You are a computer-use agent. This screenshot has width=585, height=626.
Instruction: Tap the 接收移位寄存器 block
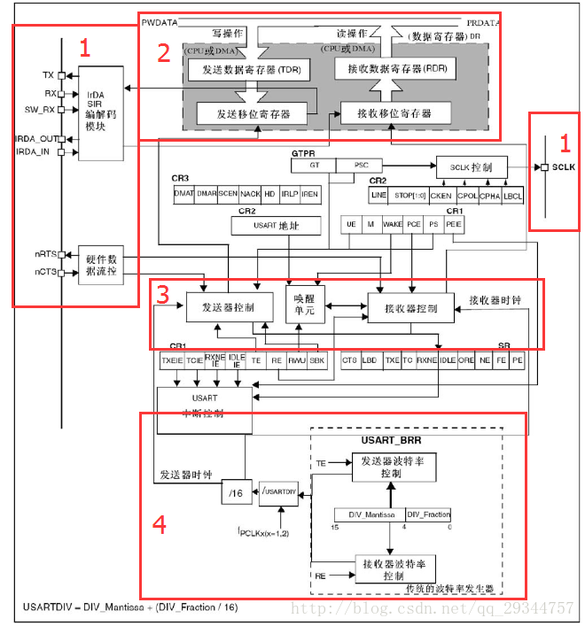pos(394,113)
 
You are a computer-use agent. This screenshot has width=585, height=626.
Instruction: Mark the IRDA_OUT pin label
pos(36,139)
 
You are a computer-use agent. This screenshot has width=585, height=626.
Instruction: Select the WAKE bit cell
pos(393,226)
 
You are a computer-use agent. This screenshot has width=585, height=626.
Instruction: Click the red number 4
pos(160,524)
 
